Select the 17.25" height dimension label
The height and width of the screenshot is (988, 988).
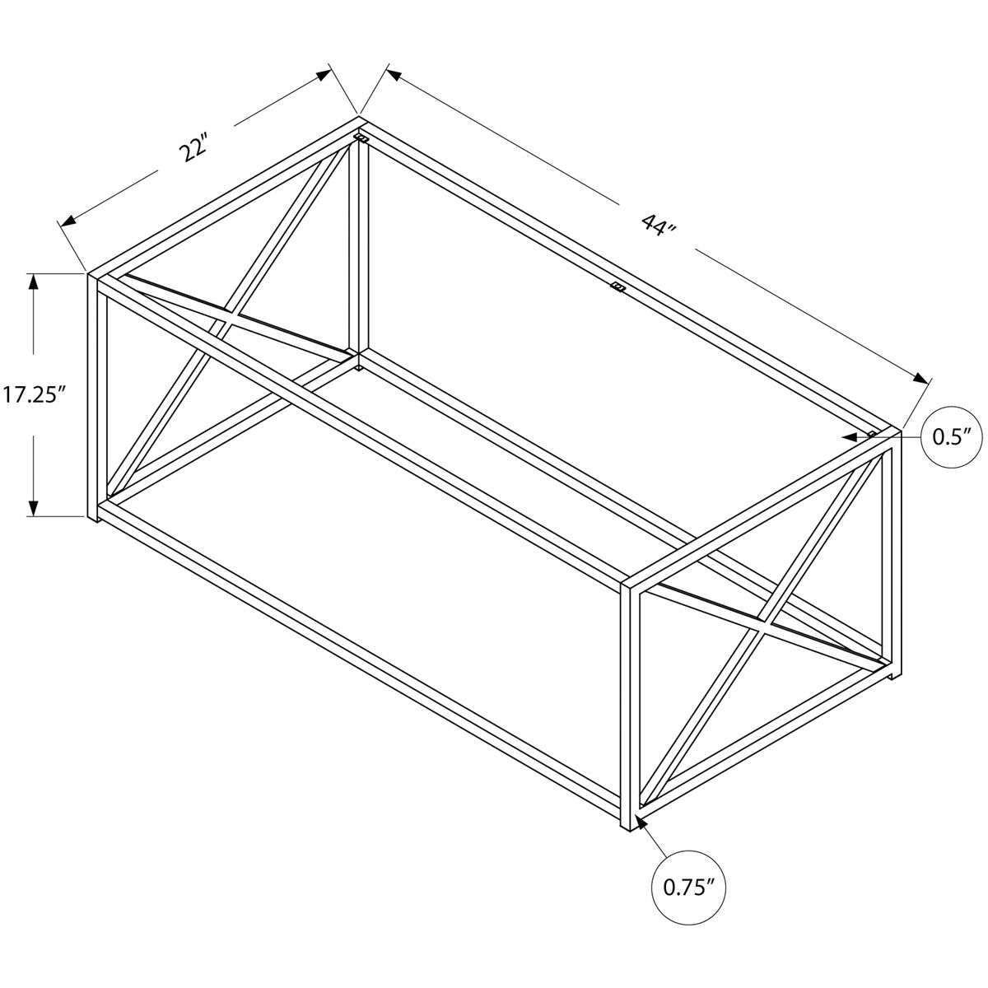coord(33,395)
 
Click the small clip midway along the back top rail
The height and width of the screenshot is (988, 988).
coord(617,286)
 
